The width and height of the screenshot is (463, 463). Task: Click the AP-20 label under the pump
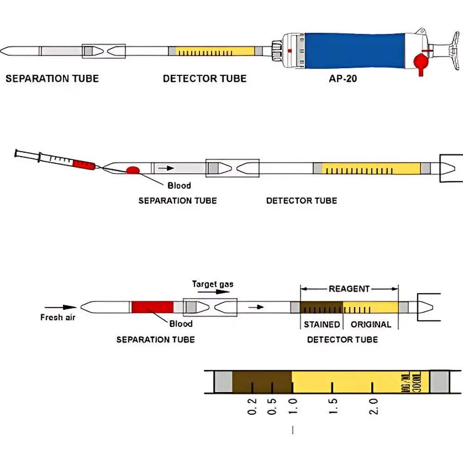[x=343, y=79]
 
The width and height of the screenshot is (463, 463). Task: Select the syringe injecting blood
[x=56, y=160]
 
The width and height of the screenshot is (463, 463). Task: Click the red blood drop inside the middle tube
[x=133, y=170]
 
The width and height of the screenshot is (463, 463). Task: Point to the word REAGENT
[x=349, y=289]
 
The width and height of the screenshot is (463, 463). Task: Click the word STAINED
[x=322, y=325]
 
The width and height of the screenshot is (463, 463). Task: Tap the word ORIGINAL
[x=371, y=325]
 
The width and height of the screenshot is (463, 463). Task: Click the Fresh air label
[x=58, y=317]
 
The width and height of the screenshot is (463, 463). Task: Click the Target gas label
[x=213, y=284]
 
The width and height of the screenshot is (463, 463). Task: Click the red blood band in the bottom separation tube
[x=152, y=307]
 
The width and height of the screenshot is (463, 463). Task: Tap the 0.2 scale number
[x=252, y=406]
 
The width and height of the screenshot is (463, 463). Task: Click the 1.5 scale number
[x=333, y=406]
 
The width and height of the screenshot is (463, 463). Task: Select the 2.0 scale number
[x=374, y=406]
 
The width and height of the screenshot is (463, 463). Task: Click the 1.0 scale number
[x=293, y=406]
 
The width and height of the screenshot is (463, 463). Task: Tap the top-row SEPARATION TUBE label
[x=52, y=79]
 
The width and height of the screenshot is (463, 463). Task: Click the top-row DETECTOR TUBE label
[x=205, y=79]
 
